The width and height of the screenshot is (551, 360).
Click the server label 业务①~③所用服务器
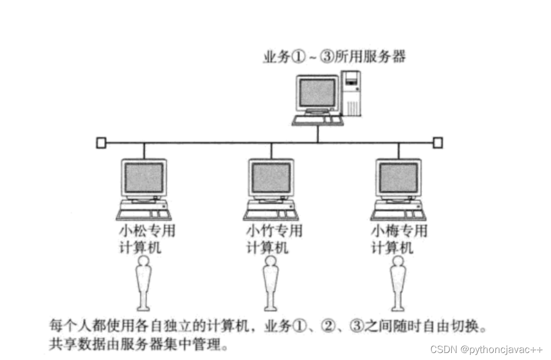pyautogui.click(x=334, y=57)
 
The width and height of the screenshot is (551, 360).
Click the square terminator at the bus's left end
pyautogui.click(x=101, y=143)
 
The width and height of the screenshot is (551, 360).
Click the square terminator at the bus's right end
pyautogui.click(x=438, y=143)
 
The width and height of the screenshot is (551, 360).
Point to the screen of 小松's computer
pyautogui.click(x=144, y=178)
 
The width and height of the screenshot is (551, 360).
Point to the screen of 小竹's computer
pyautogui.click(x=271, y=178)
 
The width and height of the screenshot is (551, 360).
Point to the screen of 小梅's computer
pyautogui.click(x=398, y=178)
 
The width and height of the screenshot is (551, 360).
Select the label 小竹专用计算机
pyautogui.click(x=274, y=240)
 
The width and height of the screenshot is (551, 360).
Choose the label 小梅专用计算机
pyautogui.click(x=399, y=240)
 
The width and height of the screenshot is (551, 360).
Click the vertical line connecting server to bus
pyautogui.click(x=318, y=134)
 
